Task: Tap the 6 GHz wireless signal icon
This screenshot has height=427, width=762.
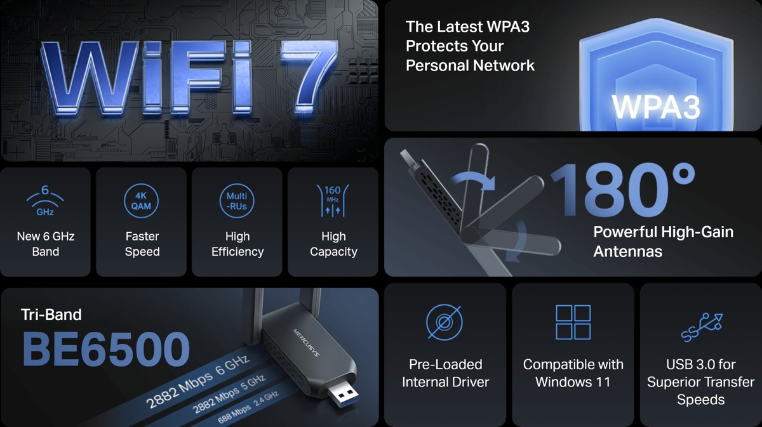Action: (45, 200)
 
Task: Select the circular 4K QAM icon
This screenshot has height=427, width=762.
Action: (141, 201)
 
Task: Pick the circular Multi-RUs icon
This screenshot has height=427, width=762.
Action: (237, 201)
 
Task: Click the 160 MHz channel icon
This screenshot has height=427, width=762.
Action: (333, 200)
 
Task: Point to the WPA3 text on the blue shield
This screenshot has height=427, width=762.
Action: (656, 107)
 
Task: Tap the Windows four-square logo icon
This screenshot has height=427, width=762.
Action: (573, 322)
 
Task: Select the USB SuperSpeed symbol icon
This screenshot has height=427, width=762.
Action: (702, 327)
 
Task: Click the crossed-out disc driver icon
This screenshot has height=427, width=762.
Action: (444, 322)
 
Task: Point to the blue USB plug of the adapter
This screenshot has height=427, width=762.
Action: (343, 396)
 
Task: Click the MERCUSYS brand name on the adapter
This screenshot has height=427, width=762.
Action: (306, 343)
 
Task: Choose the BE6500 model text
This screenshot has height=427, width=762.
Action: (106, 349)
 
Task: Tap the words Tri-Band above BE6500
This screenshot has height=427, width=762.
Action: (51, 315)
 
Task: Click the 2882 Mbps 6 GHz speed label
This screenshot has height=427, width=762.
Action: (198, 381)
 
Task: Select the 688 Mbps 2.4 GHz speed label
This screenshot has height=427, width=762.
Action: (248, 407)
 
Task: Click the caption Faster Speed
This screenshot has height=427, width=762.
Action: (142, 244)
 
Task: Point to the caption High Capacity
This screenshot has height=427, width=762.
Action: (333, 244)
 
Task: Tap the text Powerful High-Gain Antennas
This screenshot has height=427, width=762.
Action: (664, 242)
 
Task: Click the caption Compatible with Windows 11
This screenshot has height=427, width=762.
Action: (573, 373)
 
